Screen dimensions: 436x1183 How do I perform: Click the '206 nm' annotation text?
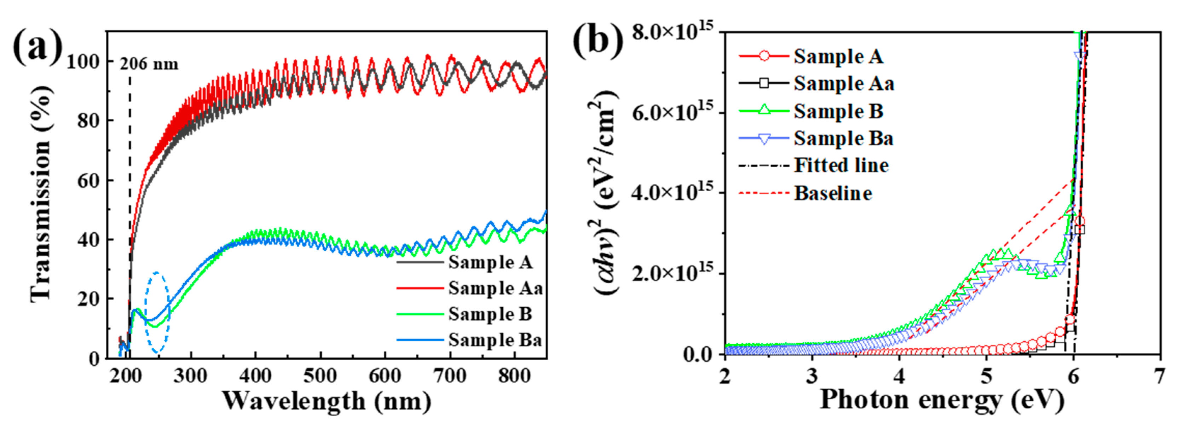click(149, 64)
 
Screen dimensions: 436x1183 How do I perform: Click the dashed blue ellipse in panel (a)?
click(157, 313)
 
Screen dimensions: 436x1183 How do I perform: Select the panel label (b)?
click(598, 42)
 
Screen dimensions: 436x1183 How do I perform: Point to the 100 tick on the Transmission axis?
click(83, 62)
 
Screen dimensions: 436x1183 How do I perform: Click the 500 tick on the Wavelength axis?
click(320, 376)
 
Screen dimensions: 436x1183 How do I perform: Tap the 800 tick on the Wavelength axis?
click(514, 376)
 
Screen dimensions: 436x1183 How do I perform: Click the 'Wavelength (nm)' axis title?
click(327, 401)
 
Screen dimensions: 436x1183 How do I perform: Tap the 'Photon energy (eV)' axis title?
click(942, 399)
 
